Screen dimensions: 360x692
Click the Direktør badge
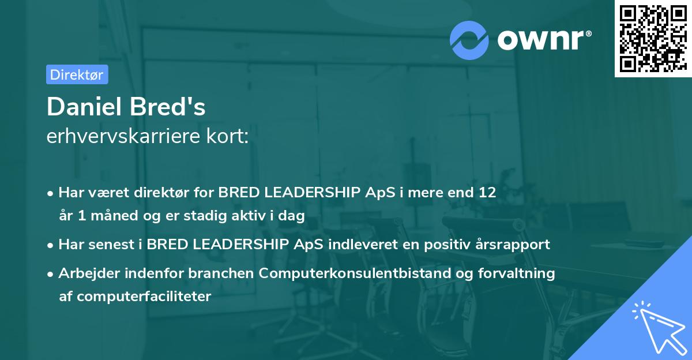(x=77, y=74)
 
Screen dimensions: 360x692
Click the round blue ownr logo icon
(x=469, y=40)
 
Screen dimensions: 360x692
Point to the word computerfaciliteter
(x=144, y=297)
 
